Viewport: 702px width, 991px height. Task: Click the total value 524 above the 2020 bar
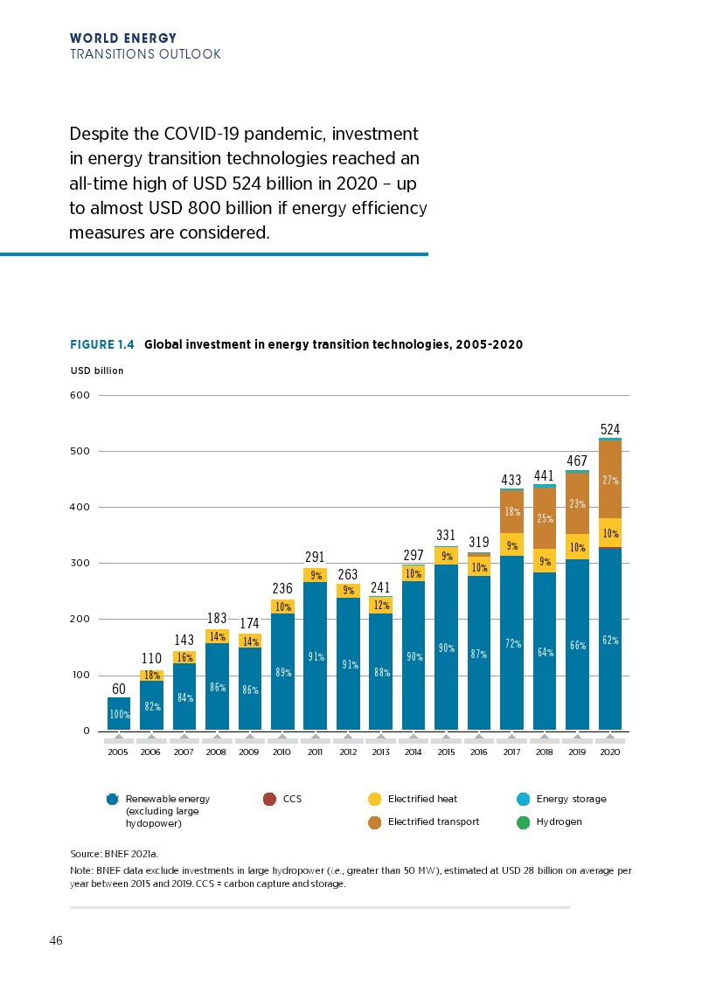[609, 429]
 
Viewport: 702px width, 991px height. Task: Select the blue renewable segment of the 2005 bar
[119, 713]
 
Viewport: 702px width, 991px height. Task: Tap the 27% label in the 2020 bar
[610, 480]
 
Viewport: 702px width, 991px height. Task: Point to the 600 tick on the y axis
[80, 395]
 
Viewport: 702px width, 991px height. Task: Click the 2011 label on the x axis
[315, 752]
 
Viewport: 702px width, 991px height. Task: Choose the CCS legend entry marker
[270, 799]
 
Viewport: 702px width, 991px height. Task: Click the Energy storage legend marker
[524, 799]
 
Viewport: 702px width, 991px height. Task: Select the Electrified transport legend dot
[375, 821]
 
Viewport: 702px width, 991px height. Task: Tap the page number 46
[56, 941]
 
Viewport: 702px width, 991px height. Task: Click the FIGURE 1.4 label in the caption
[101, 344]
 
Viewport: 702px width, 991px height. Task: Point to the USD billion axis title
[96, 371]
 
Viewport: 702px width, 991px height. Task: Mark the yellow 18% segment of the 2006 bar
[151, 676]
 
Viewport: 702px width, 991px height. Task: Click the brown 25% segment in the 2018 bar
[545, 518]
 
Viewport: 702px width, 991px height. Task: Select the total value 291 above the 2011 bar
[315, 557]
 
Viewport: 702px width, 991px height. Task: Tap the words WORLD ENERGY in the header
[122, 38]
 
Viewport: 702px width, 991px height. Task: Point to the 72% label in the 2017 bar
[511, 644]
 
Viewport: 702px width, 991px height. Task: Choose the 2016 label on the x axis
[478, 752]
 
